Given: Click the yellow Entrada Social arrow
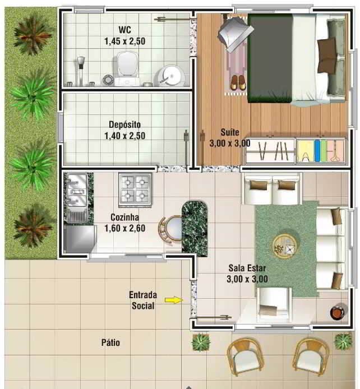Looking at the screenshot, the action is point(174,300).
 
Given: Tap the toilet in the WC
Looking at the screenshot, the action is point(127,68).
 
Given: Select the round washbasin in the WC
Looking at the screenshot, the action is point(171,75).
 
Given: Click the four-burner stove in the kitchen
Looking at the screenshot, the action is point(135,189).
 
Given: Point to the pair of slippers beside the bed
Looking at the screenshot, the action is point(238,82).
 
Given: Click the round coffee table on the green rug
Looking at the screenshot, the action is point(284,246).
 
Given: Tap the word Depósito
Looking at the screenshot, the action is point(124,124).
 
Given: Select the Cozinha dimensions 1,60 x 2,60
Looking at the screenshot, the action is point(125,228).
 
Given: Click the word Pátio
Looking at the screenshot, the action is point(110,342).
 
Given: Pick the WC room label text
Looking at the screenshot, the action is point(125,30).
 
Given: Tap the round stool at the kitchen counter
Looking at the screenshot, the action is point(170,229).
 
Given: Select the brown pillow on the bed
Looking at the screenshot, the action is point(327,55).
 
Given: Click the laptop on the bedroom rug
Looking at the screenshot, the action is point(235,35).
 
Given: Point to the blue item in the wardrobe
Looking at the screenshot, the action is point(317,151).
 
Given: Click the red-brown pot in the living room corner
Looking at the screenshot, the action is point(337,312).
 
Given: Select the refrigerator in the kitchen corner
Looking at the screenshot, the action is point(80,239).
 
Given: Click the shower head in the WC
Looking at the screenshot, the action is point(81,62).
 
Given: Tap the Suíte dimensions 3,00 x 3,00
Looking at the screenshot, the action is point(230,143).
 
